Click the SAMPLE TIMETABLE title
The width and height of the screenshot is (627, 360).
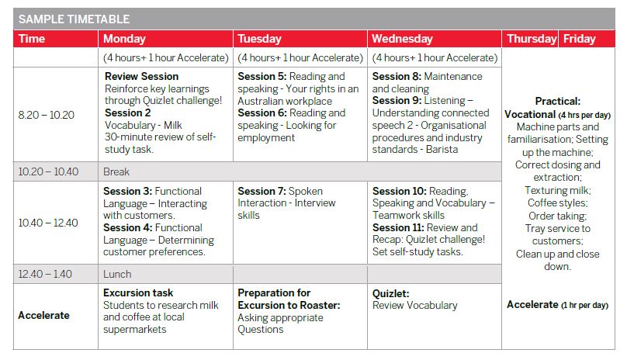pos(74,19)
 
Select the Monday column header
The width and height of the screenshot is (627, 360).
pos(124,39)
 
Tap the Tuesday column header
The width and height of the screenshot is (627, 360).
pos(259,39)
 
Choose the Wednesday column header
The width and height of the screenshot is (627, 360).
pos(402,39)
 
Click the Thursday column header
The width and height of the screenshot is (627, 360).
pos(532,39)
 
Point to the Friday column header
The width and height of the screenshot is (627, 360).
pos(580,39)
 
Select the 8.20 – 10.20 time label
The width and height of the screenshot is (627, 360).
pos(47,115)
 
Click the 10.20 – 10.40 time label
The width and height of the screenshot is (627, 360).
pos(48,171)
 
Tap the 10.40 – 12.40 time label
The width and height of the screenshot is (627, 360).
pos(48,223)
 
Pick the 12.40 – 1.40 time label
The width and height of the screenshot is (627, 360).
pos(45,274)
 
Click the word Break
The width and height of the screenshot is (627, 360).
pos(116,171)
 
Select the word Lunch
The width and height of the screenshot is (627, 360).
pos(117,274)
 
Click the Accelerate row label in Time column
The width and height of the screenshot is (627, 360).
pos(43,315)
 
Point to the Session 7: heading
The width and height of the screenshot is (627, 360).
pos(262,191)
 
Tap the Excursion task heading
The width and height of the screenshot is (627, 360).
pos(138,292)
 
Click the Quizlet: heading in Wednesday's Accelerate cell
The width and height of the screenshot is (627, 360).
pos(390,293)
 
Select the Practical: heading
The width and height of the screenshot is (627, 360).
pos(558,101)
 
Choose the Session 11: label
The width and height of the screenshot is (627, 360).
pos(398,227)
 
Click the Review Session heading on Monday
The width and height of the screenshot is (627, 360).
pos(141,76)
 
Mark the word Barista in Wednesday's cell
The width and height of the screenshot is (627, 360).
pos(442,149)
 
